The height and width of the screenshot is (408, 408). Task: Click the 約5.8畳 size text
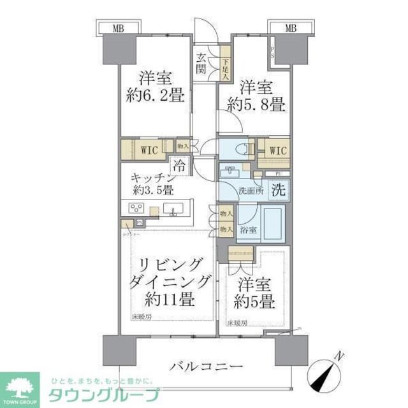tap(261, 105)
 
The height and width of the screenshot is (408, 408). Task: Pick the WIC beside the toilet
tap(278, 150)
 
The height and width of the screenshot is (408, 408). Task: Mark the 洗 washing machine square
tap(278, 189)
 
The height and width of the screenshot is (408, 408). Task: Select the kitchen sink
tap(173, 208)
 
